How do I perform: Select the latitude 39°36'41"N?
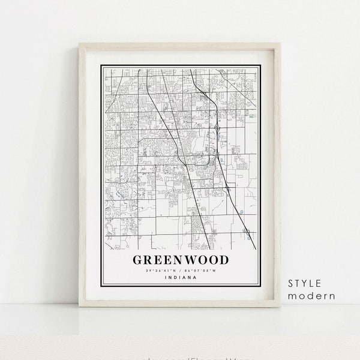tap(161, 271)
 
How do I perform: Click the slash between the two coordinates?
tap(180, 271)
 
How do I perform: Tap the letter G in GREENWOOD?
tap(137, 260)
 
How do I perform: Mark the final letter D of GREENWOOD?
tap(223, 260)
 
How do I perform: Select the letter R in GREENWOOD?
tap(149, 260)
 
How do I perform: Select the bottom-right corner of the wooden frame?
tap(280, 307)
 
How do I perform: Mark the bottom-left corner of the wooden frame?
tap(80, 307)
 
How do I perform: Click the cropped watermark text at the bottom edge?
tap(180, 357)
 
